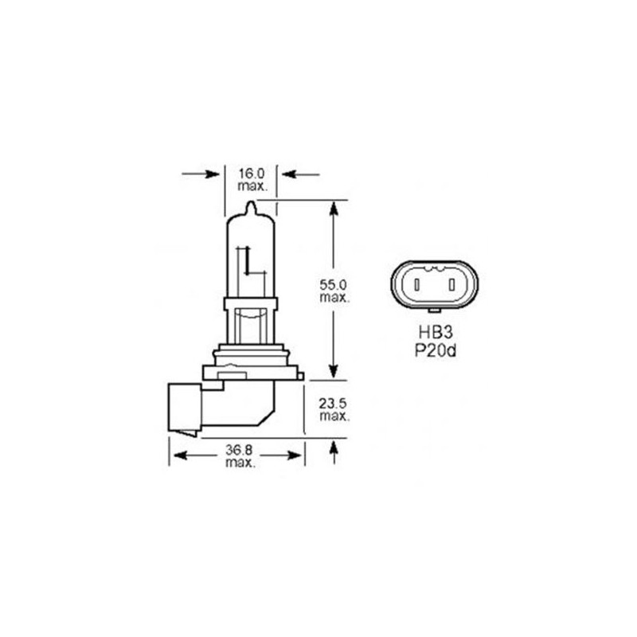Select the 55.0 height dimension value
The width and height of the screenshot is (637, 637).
click(x=333, y=284)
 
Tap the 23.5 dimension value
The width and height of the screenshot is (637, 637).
click(x=333, y=404)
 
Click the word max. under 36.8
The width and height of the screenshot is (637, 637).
click(x=239, y=463)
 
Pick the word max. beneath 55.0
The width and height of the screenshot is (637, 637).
click(x=333, y=297)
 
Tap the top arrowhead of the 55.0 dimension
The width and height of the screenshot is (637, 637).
click(x=334, y=208)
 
